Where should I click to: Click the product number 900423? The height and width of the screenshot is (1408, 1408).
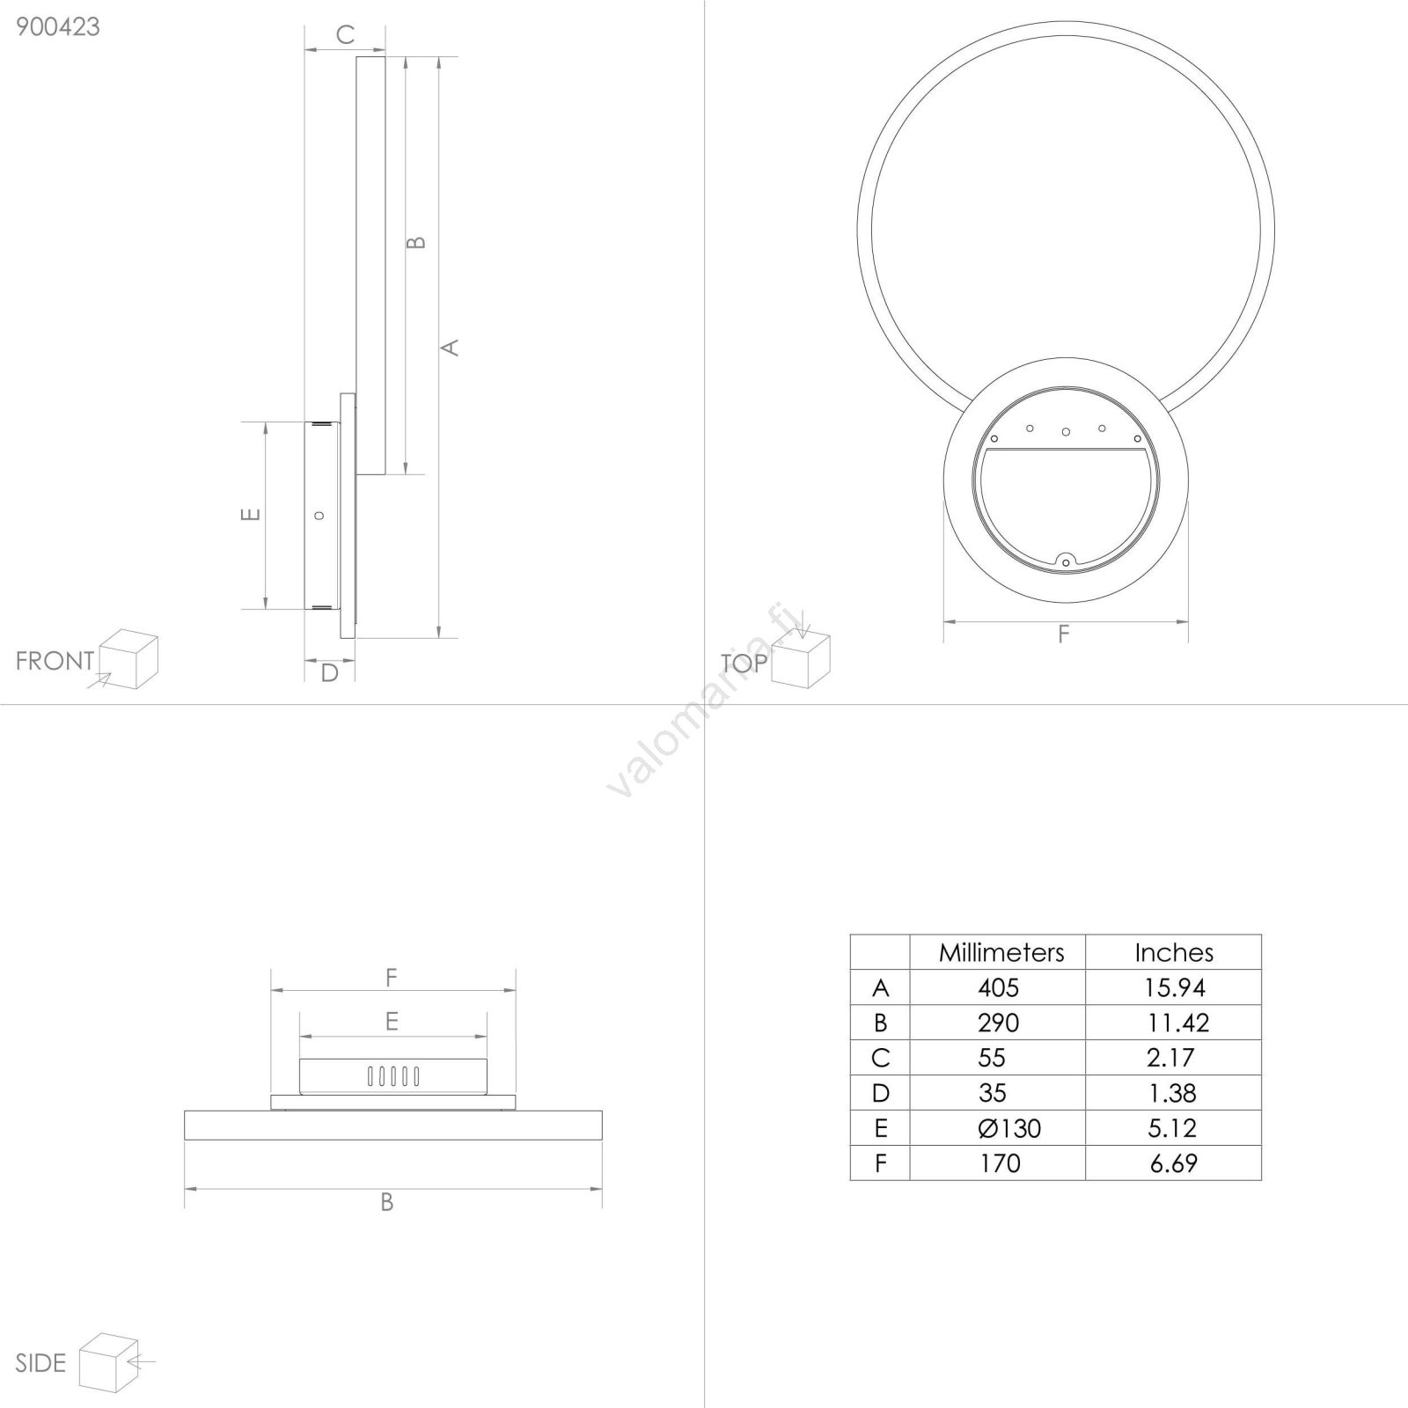(x=58, y=27)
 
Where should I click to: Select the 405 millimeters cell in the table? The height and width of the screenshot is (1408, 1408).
(x=998, y=987)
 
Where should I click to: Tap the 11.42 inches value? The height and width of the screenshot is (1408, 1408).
(x=1177, y=1023)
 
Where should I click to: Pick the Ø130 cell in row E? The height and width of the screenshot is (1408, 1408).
(x=1009, y=1128)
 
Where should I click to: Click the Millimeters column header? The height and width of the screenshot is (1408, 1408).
(x=1001, y=952)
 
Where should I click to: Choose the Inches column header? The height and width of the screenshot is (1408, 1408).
(x=1174, y=952)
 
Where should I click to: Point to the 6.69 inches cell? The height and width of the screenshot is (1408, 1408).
(x=1174, y=1163)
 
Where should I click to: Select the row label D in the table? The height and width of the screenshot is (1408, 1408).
(x=880, y=1093)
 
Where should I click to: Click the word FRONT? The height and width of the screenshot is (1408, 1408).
(x=55, y=661)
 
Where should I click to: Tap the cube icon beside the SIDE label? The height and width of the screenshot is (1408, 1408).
(x=109, y=1362)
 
